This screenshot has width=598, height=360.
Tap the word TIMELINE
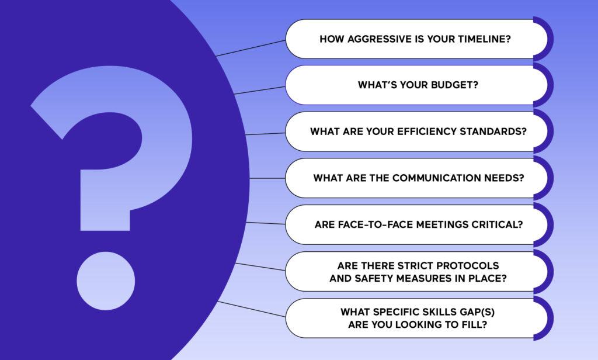click(x=484, y=39)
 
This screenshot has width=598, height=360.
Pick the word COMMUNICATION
click(x=436, y=178)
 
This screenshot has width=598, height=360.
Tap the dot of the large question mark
click(x=106, y=281)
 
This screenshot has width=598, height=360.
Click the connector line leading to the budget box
click(x=260, y=90)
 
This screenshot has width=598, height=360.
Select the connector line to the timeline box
click(x=251, y=48)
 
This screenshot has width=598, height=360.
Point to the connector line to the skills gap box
click(x=251, y=309)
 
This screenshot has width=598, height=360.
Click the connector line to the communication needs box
click(x=267, y=178)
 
